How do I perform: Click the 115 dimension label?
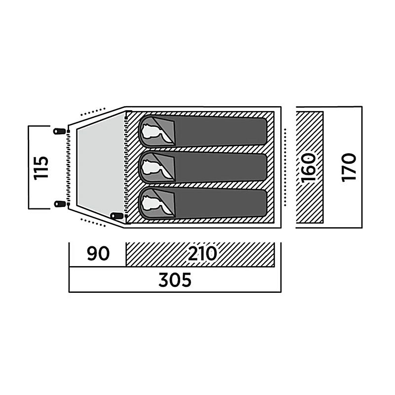tap(41, 167)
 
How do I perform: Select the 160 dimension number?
tap(308, 167)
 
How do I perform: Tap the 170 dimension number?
tap(349, 167)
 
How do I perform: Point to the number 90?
tap(98, 254)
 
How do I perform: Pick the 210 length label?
tap(202, 254)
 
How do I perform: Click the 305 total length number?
tap(175, 279)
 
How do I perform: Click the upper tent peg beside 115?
tap(59, 131)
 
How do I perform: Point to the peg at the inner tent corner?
tap(117, 216)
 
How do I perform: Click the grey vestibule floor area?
tap(101, 167)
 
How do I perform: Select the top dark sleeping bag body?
tap(221, 131)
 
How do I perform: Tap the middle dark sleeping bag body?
tap(221, 167)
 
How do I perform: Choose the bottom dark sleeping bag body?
tap(221, 203)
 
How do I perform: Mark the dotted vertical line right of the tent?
tap(285, 167)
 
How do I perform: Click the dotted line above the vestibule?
tap(93, 112)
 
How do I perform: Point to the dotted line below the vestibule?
tap(93, 223)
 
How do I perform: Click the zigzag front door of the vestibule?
tap(68, 167)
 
